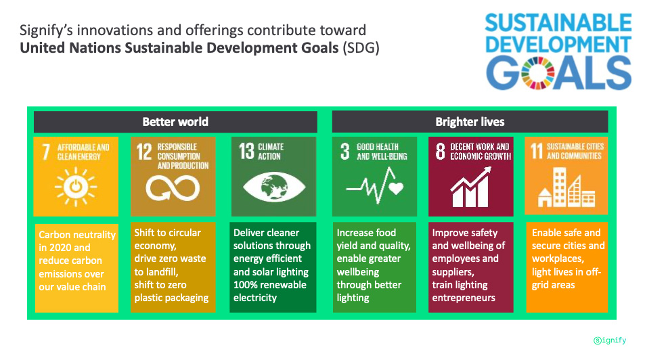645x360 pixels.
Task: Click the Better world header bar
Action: (175, 122)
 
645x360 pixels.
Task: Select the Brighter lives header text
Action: (470, 122)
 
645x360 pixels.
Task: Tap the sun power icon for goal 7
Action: (76, 187)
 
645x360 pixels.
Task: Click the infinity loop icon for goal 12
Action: (173, 188)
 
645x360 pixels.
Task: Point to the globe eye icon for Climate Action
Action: (274, 187)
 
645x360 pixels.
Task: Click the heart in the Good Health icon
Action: (396, 188)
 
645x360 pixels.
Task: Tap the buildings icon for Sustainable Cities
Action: (566, 187)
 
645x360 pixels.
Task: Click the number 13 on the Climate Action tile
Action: (247, 151)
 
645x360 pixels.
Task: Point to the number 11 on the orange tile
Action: (537, 151)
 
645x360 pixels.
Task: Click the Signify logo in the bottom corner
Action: (610, 340)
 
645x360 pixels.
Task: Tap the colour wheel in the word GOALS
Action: (537, 73)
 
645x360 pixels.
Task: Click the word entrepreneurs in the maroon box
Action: (464, 298)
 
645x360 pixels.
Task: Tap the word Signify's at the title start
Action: (46, 31)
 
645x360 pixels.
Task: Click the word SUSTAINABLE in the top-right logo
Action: (558, 23)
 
